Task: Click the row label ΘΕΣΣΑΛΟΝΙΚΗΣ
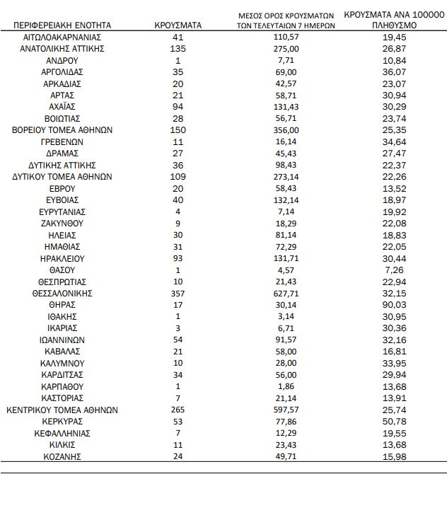pos(63,293)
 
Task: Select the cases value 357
pos(178,293)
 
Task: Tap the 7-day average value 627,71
pos(286,293)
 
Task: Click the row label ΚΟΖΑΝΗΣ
pos(63,456)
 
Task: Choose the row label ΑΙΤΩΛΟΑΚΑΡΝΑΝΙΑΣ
pos(63,36)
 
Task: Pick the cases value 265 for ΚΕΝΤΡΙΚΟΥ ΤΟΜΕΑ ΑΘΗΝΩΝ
pos(178,410)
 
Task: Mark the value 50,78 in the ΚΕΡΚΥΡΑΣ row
pos(394,422)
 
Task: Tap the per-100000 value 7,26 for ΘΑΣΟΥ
pos(394,270)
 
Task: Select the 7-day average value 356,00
pos(286,129)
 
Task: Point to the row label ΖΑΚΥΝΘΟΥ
pos(63,223)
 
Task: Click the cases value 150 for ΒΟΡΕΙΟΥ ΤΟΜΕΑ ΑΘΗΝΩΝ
pos(178,129)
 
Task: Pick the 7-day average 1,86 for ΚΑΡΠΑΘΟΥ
pos(286,386)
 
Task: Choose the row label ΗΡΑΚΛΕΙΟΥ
pos(63,258)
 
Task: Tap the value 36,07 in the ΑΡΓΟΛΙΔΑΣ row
pos(394,71)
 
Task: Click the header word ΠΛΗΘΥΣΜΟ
pos(395,25)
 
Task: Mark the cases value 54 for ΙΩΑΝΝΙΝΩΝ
pos(178,340)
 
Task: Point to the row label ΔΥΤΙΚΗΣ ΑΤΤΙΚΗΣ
pos(63,165)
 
